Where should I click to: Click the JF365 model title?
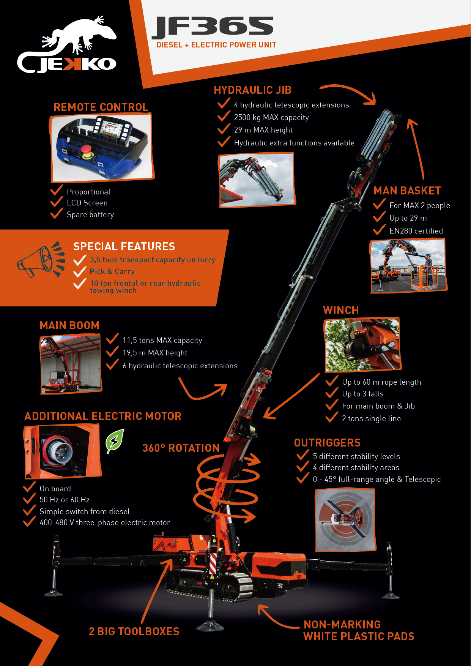[x=213, y=27]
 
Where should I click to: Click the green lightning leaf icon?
[x=115, y=441]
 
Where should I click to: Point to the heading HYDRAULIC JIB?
[x=253, y=90]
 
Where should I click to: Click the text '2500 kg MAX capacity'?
[x=271, y=117]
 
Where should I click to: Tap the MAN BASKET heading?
[x=407, y=191]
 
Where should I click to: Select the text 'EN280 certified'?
[x=416, y=231]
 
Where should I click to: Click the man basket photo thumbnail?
[x=408, y=265]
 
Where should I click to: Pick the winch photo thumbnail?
[x=362, y=344]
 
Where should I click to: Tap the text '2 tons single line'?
[x=371, y=418]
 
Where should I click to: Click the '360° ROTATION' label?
[x=181, y=448]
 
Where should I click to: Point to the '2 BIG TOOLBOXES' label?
[x=134, y=631]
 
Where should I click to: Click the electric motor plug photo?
[x=63, y=451]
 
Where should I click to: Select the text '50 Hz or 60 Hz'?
[x=65, y=500]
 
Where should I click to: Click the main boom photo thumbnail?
[x=71, y=364]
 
